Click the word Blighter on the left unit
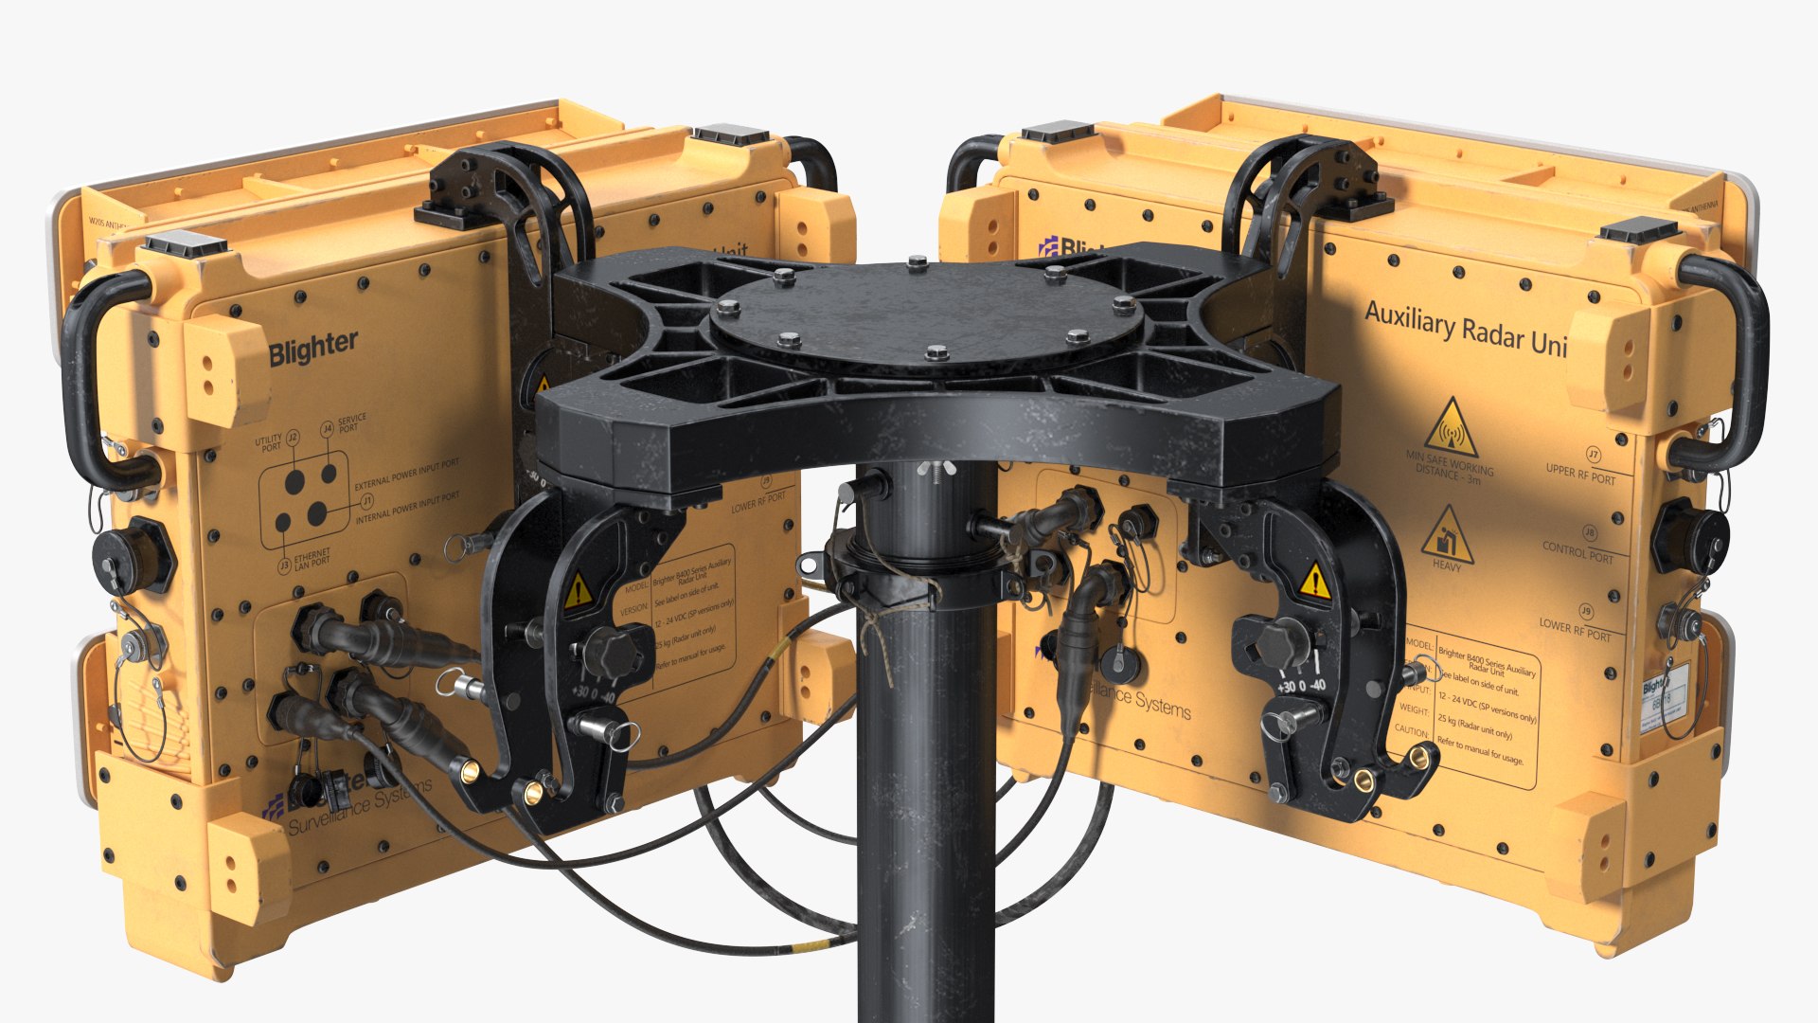(x=312, y=348)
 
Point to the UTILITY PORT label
(x=270, y=442)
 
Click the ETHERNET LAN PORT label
(x=312, y=560)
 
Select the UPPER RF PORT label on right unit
(x=1580, y=474)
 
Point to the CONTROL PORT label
(x=1577, y=550)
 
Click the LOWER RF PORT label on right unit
(x=1575, y=630)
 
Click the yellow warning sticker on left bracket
(x=577, y=591)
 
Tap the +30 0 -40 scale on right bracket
(x=1302, y=685)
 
